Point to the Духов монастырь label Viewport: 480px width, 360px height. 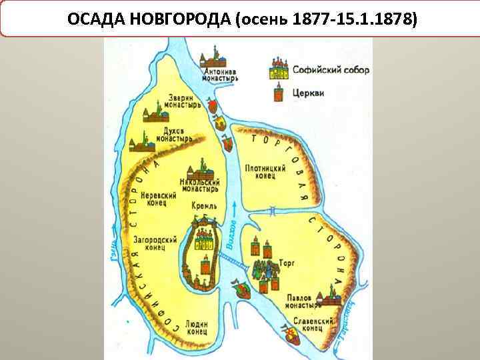175,135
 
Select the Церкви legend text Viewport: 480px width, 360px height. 308,93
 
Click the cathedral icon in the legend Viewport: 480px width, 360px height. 278,68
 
